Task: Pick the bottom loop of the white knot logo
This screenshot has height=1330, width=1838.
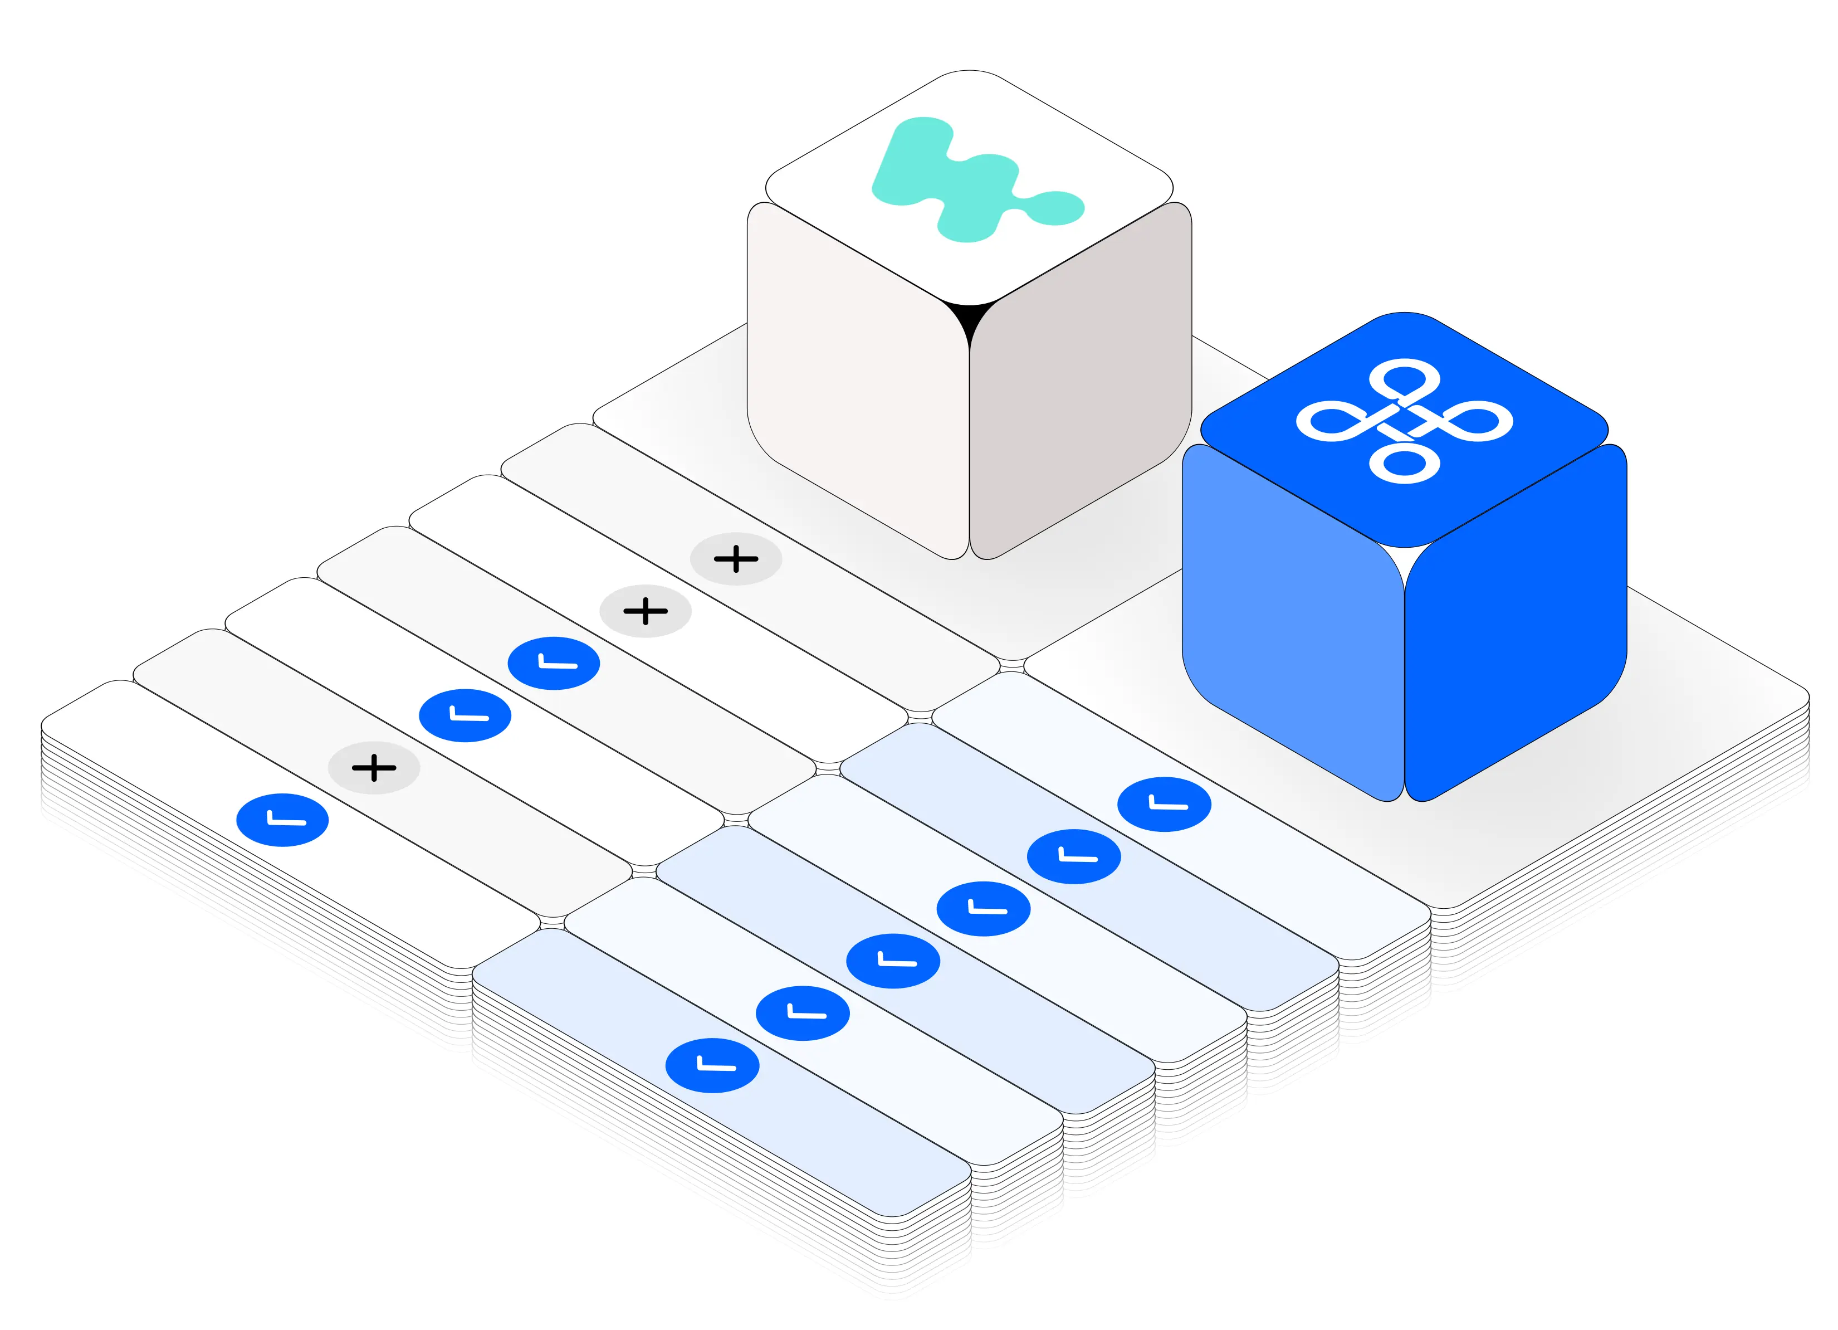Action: pyautogui.click(x=1405, y=464)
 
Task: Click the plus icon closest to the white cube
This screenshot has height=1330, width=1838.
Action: pyautogui.click(x=736, y=559)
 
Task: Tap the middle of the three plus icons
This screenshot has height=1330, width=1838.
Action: pyautogui.click(x=645, y=611)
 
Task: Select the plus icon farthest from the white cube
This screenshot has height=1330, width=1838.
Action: pyautogui.click(x=374, y=768)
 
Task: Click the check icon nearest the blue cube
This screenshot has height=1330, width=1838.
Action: pyautogui.click(x=1164, y=805)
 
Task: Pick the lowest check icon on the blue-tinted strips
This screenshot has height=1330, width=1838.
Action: pyautogui.click(x=712, y=1065)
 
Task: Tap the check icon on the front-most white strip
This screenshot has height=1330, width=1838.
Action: pyautogui.click(x=282, y=820)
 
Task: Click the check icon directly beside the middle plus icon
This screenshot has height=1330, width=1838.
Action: pyautogui.click(x=554, y=664)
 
